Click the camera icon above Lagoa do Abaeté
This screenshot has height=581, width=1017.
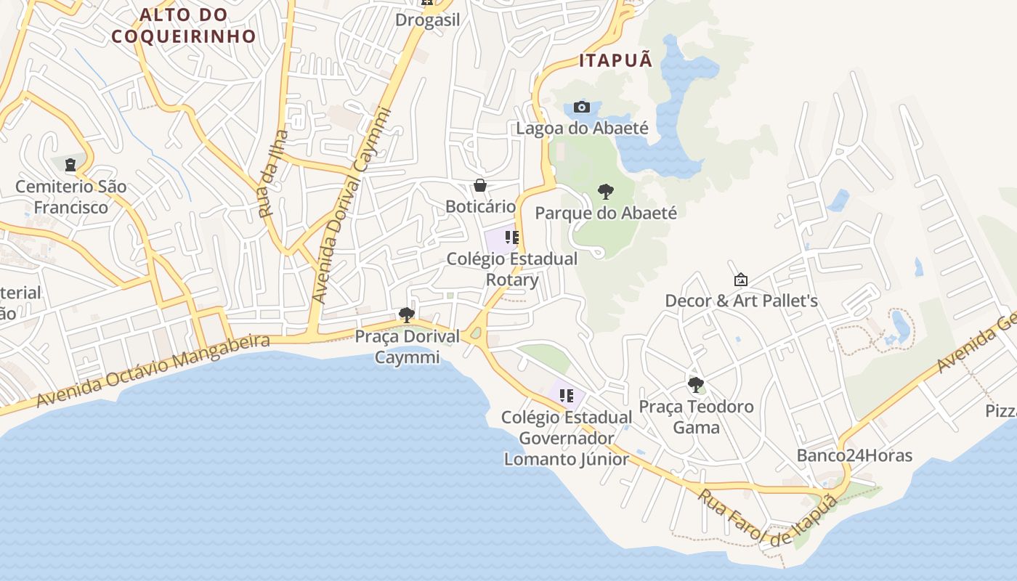582,107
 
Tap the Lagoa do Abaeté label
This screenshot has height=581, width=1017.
582,129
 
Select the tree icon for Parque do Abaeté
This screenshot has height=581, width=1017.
605,192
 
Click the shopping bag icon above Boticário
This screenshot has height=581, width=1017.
480,185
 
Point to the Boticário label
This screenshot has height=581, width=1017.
480,207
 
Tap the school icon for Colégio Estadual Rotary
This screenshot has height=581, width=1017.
512,237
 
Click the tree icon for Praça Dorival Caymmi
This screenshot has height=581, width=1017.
407,315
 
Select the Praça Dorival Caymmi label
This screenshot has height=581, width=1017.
407,347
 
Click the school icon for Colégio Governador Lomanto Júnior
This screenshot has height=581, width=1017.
567,396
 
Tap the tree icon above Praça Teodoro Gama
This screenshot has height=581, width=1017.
696,385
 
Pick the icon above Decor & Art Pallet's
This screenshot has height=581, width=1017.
741,280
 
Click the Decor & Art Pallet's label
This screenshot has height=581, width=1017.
741,301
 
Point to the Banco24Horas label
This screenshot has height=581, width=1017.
854,456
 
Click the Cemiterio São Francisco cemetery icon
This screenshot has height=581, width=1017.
70,165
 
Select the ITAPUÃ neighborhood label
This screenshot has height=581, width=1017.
615,61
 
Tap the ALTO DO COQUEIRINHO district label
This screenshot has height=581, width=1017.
184,25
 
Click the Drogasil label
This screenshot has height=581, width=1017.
428,20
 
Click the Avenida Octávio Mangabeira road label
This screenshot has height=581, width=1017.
153,370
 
